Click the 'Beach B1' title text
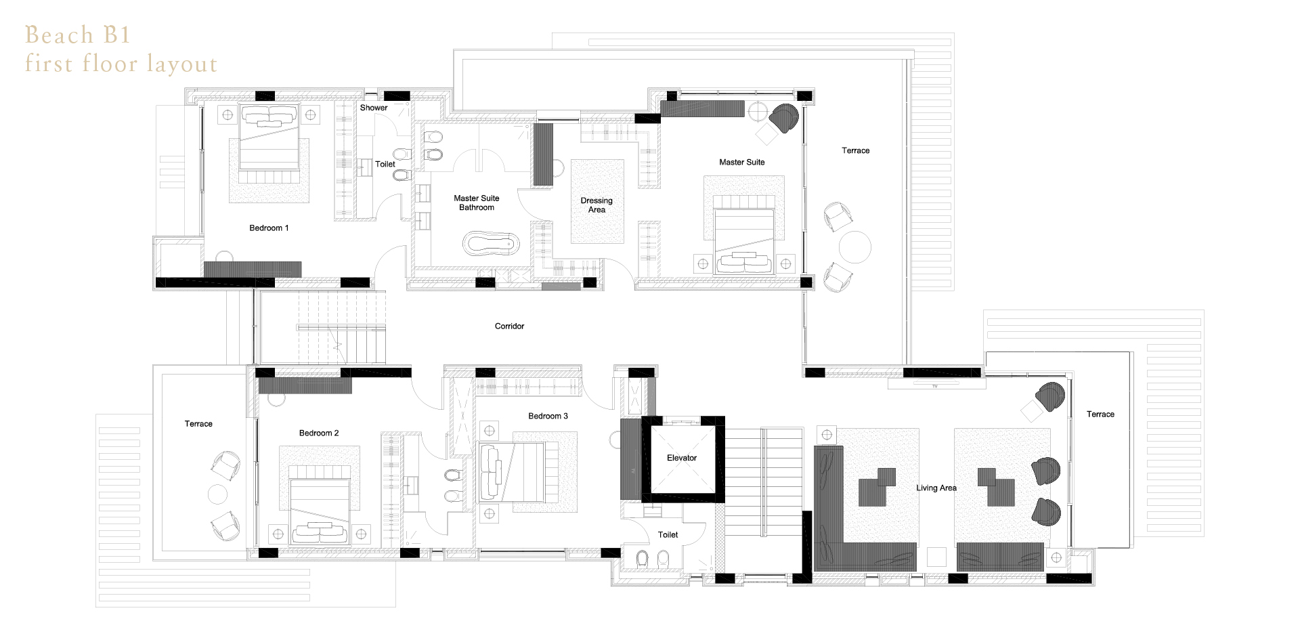pyautogui.click(x=77, y=35)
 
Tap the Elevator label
pyautogui.click(x=681, y=458)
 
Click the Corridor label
pyautogui.click(x=509, y=326)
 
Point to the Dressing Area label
pyautogui.click(x=597, y=205)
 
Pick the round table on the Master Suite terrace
pyautogui.click(x=854, y=247)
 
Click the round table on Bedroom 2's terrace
pyautogui.click(x=217, y=494)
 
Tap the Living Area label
pyautogui.click(x=936, y=488)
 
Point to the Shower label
pyautogui.click(x=374, y=108)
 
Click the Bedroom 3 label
pyautogui.click(x=548, y=416)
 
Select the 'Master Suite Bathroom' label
pyautogui.click(x=477, y=202)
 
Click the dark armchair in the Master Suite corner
pyautogui.click(x=785, y=117)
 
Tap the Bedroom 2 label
pyautogui.click(x=319, y=433)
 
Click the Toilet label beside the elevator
pyautogui.click(x=668, y=534)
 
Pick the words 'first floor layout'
pyautogui.click(x=121, y=64)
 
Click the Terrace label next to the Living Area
pyautogui.click(x=1100, y=414)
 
